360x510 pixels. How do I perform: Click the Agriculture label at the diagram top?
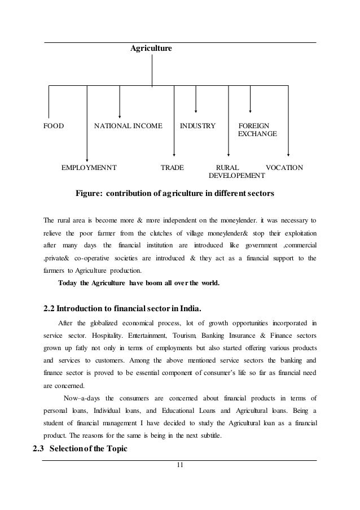(151, 49)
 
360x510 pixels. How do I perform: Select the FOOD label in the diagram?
(54, 125)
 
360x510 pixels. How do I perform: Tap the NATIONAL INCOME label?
(128, 125)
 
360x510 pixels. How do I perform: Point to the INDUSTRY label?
(197, 125)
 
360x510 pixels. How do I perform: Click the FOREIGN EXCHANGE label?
(257, 130)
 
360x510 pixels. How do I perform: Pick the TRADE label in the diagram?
(173, 168)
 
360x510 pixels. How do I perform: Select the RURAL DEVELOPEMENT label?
(229, 172)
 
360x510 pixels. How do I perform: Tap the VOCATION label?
(284, 168)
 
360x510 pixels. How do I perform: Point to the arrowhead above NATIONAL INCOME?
(120, 114)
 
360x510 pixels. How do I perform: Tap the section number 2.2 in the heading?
(50, 308)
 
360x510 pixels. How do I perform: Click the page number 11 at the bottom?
(180, 465)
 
